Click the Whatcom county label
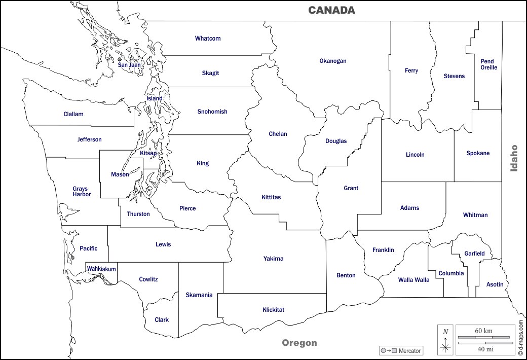(208, 39)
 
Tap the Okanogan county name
(333, 61)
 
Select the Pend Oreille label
(488, 64)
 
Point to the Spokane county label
(478, 153)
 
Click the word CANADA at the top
(331, 10)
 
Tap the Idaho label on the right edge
(514, 158)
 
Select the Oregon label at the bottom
(299, 343)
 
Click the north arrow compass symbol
(445, 340)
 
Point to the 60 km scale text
(483, 331)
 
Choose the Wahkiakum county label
(101, 269)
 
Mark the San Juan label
(129, 65)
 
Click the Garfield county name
(474, 254)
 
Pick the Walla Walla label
(413, 280)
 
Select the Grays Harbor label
(81, 191)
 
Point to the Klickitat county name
(273, 310)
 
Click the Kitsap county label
(148, 153)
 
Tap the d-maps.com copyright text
(520, 337)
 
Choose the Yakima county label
(273, 259)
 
